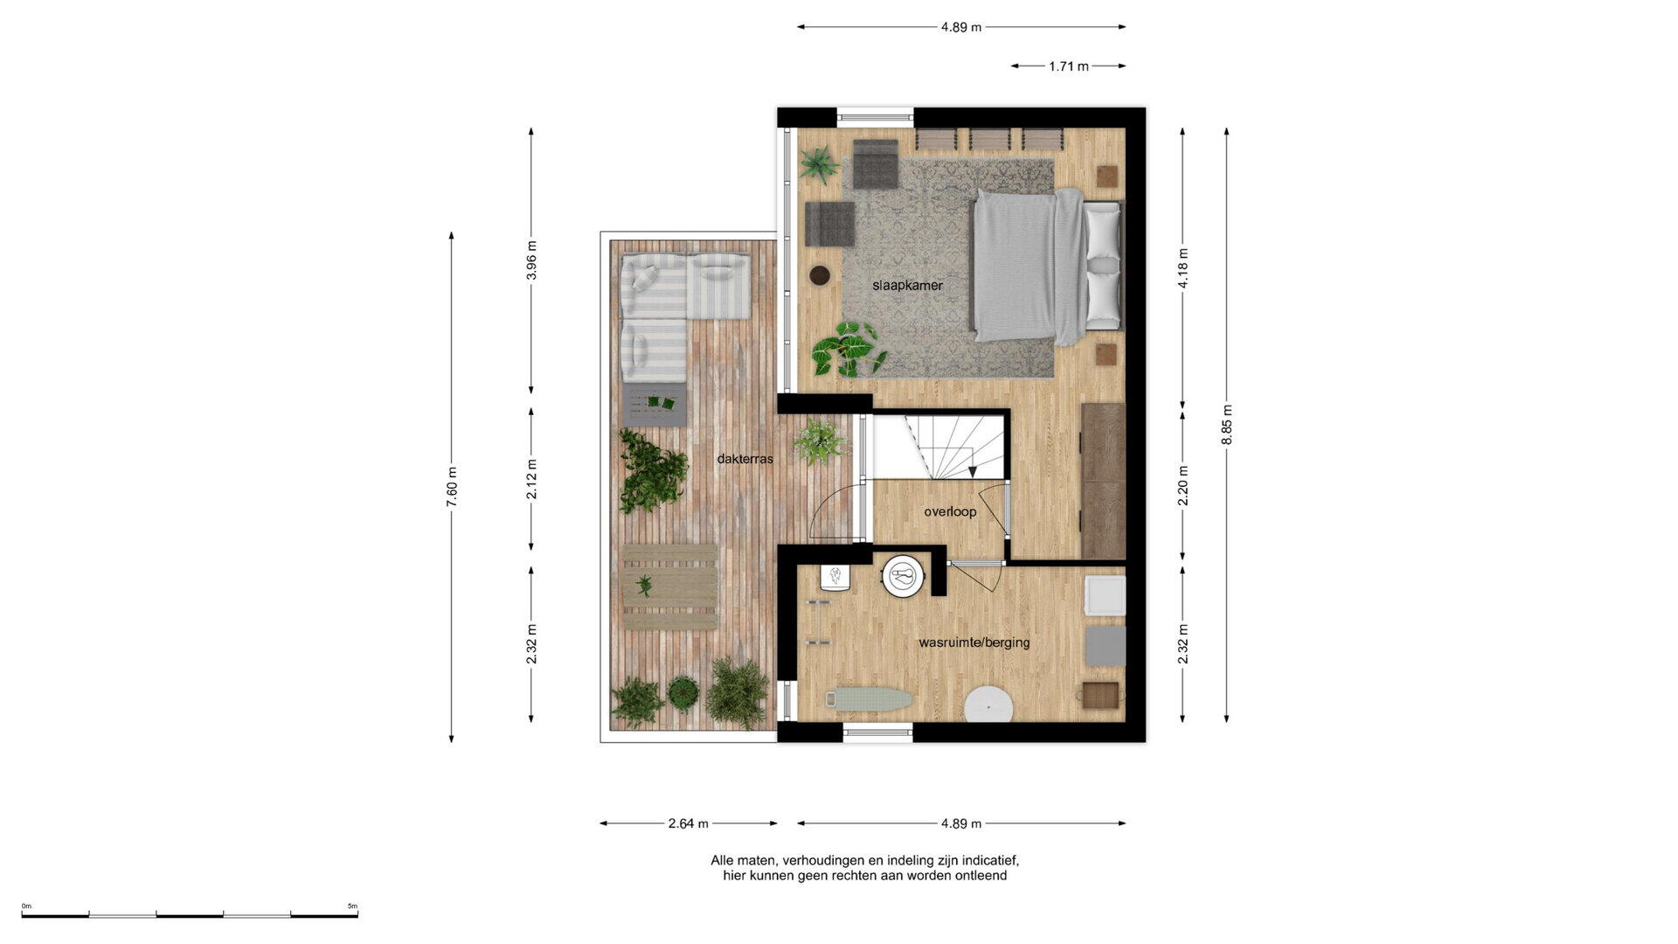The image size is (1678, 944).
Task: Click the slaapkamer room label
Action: [907, 285]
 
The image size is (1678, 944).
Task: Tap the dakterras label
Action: [745, 459]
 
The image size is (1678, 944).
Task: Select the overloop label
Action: [950, 511]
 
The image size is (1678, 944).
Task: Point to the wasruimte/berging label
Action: [974, 642]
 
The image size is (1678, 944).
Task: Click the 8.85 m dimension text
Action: [1227, 425]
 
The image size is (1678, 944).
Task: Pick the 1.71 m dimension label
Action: [1069, 66]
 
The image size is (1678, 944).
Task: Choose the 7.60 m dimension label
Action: [452, 488]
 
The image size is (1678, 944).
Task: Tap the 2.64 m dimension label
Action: [688, 823]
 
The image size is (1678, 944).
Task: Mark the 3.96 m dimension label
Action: [531, 260]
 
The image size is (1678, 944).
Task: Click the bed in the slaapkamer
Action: [1047, 267]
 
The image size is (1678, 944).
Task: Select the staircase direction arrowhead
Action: [973, 472]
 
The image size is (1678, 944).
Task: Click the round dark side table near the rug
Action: [821, 274]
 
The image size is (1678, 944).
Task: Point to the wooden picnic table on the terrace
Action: [669, 587]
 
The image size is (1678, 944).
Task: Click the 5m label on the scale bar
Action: [352, 906]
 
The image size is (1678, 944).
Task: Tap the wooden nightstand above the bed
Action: [1106, 176]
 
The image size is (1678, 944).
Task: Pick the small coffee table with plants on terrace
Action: [655, 405]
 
